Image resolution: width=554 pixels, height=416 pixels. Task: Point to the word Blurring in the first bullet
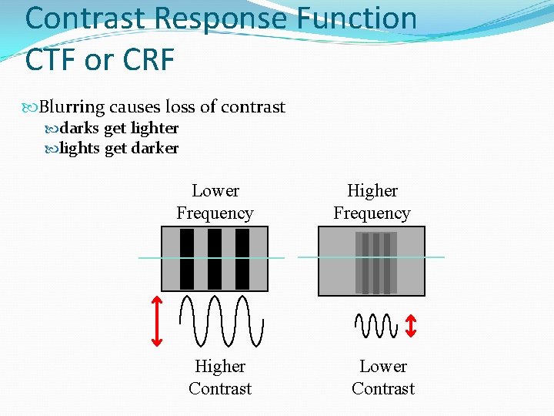pyautogui.click(x=72, y=107)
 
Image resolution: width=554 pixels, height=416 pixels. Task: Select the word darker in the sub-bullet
pyautogui.click(x=155, y=148)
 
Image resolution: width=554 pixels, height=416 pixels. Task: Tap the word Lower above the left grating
pyautogui.click(x=215, y=190)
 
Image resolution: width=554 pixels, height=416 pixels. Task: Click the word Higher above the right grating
pyautogui.click(x=372, y=190)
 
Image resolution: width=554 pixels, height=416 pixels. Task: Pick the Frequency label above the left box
pyautogui.click(x=215, y=213)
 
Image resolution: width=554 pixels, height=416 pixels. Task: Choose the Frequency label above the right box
pyautogui.click(x=372, y=213)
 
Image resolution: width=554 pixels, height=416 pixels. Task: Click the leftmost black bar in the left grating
pyautogui.click(x=187, y=259)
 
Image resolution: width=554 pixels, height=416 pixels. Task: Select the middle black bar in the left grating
pyautogui.click(x=215, y=259)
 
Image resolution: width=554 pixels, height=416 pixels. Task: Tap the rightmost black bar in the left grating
pyautogui.click(x=242, y=259)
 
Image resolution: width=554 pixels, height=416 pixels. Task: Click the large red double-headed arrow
pyautogui.click(x=156, y=320)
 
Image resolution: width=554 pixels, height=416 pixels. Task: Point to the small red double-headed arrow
pyautogui.click(x=411, y=324)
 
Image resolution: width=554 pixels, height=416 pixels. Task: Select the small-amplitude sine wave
pyautogui.click(x=375, y=325)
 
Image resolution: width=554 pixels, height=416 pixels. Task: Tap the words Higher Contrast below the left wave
pyautogui.click(x=220, y=377)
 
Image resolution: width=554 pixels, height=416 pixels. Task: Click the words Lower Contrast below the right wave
pyautogui.click(x=383, y=377)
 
